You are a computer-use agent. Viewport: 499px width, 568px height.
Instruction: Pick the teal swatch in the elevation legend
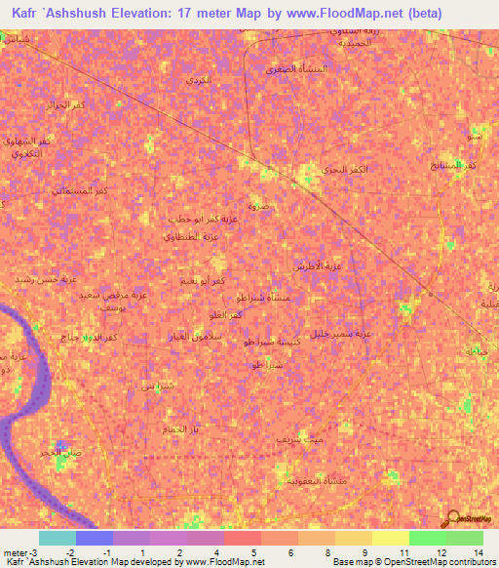click(x=58, y=538)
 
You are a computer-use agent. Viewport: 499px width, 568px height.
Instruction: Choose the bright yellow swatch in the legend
click(x=390, y=538)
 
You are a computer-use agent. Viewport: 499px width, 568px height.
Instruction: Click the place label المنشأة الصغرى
click(x=298, y=69)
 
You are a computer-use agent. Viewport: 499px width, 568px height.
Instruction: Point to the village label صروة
click(x=259, y=207)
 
